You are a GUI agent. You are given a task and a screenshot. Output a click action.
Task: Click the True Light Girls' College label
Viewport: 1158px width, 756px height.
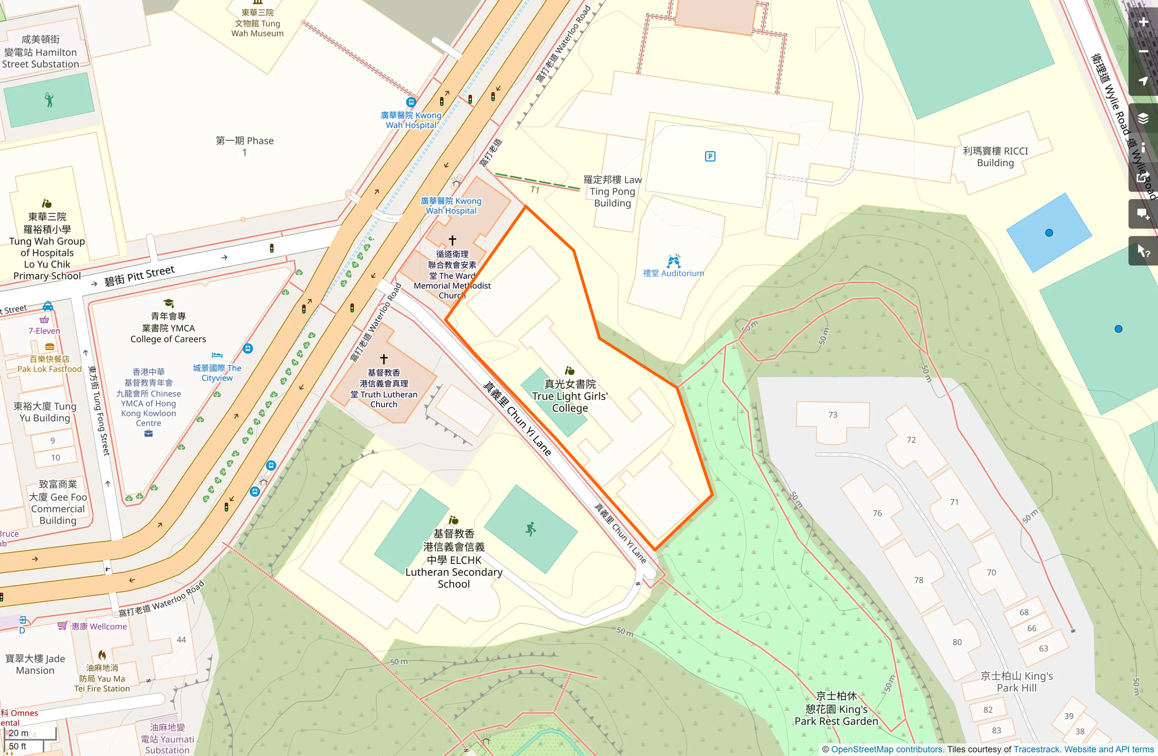click(x=570, y=396)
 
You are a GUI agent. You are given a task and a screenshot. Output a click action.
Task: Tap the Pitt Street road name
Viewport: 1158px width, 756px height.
click(x=140, y=276)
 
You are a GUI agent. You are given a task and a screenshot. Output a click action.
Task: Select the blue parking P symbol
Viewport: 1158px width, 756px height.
click(x=710, y=157)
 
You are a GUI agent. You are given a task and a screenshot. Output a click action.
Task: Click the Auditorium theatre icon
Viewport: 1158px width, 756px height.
click(x=674, y=261)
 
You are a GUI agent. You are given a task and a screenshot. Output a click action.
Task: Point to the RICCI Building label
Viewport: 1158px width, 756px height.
click(x=995, y=157)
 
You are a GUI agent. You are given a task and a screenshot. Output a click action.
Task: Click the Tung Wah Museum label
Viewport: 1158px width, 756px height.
click(x=258, y=23)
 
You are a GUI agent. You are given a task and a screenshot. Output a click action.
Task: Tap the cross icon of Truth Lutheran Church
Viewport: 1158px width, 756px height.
click(x=384, y=359)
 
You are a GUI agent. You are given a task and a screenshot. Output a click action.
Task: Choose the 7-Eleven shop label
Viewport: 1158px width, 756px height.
click(x=44, y=331)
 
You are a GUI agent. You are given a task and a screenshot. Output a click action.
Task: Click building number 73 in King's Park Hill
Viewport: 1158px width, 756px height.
click(x=833, y=415)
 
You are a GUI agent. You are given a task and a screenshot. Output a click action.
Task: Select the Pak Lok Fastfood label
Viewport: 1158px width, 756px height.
click(x=49, y=364)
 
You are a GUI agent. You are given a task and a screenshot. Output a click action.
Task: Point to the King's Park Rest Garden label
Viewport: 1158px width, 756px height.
click(x=836, y=709)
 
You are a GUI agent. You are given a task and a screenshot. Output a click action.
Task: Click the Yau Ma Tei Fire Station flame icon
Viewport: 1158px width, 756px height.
click(x=102, y=655)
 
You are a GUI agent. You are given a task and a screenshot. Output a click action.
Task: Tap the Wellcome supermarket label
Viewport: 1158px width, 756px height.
click(x=99, y=626)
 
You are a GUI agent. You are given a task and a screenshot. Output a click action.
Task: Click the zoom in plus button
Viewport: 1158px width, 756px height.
click(x=1143, y=23)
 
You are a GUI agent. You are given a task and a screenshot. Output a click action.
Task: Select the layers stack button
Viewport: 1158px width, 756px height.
click(x=1143, y=118)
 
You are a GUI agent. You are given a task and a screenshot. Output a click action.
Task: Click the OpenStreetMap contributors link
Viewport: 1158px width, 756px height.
click(x=886, y=749)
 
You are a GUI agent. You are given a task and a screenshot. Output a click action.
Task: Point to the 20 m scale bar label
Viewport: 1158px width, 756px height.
click(x=18, y=733)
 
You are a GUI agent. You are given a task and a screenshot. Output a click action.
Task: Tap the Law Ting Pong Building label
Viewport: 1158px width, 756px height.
click(x=612, y=191)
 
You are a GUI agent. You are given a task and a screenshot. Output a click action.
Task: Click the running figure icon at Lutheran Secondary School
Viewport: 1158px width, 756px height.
click(x=531, y=529)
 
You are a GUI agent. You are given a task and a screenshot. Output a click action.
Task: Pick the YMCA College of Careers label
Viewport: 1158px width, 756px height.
click(x=168, y=328)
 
